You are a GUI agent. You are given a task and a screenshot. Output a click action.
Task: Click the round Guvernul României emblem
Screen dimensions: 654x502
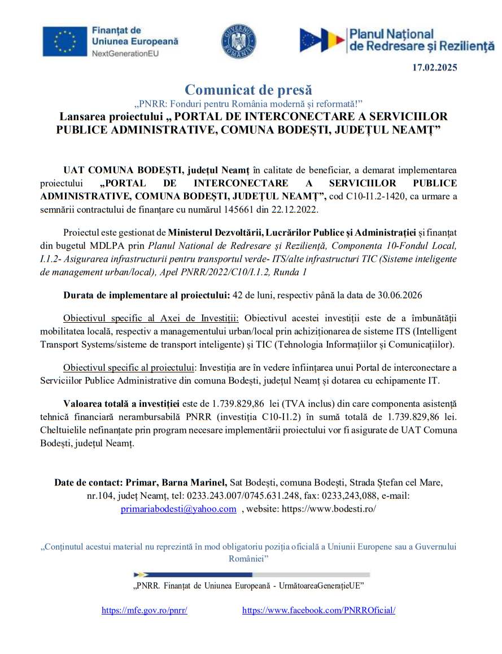238,41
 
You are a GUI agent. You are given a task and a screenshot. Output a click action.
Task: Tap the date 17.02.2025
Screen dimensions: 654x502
434,68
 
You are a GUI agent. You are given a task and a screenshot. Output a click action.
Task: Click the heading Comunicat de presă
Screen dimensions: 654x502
248,89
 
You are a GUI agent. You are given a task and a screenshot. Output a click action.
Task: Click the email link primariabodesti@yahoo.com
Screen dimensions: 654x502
178,508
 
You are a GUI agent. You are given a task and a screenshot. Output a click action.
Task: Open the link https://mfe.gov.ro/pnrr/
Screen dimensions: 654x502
144,610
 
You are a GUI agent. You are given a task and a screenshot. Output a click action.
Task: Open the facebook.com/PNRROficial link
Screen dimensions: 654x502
318,610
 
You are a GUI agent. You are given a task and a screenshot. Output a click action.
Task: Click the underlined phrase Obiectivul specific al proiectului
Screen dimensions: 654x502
129,367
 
